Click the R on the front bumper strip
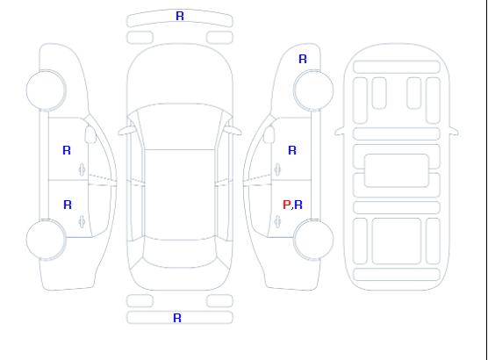180,16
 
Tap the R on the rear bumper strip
177,318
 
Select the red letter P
286,205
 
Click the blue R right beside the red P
298,205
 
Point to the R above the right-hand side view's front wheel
303,59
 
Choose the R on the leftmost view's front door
67,150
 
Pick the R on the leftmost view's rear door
68,205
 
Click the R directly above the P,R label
292,150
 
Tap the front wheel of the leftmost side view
46,90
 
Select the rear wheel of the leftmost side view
46,240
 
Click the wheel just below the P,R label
313,240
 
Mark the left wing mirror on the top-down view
126,131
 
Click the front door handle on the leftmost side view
82,169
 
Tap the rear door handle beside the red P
277,221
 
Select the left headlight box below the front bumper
140,38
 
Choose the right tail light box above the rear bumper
219,301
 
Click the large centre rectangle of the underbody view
397,170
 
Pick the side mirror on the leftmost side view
90,134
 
